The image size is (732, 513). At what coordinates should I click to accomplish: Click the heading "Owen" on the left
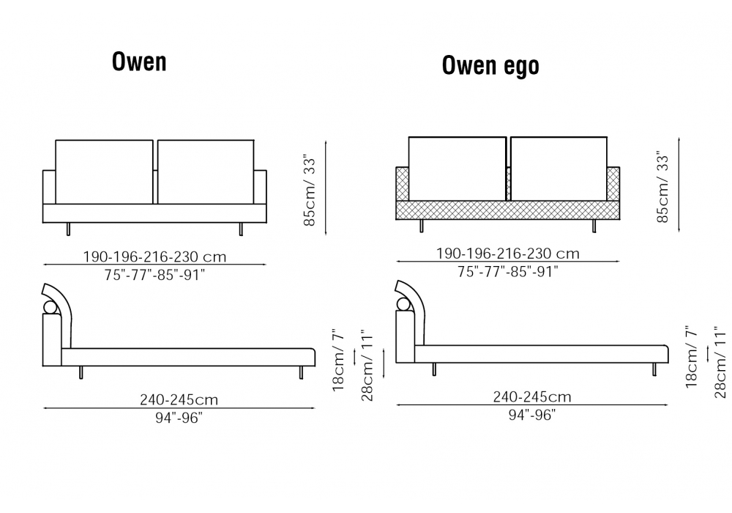[x=139, y=62]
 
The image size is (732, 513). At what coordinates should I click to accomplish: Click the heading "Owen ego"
[x=490, y=65]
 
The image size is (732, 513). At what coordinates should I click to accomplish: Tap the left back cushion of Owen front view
[x=104, y=172]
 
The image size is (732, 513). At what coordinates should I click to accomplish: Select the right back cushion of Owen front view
[x=206, y=172]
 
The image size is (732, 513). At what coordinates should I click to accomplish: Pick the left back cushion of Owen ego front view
[x=457, y=169]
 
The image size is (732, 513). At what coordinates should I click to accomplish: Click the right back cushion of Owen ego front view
[x=559, y=169]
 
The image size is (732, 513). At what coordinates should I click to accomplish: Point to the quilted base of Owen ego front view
[x=507, y=210]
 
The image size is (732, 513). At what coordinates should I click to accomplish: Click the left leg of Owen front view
[x=68, y=229]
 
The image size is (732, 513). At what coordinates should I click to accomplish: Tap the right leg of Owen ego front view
[x=594, y=226]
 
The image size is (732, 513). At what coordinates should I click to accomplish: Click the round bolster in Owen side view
[x=51, y=307]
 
